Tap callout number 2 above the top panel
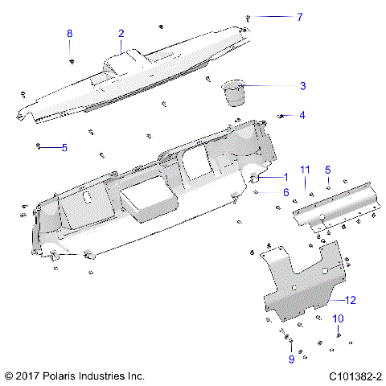[x=121, y=34]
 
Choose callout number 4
[x=302, y=115]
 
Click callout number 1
[x=285, y=176]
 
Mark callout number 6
[x=285, y=191]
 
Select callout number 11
[x=305, y=169]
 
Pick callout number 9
[x=291, y=359]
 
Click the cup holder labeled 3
[x=234, y=92]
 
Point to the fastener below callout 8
[x=72, y=60]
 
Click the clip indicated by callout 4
[x=281, y=117]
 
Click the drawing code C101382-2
[x=355, y=376]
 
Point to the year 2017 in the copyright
[x=28, y=376]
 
